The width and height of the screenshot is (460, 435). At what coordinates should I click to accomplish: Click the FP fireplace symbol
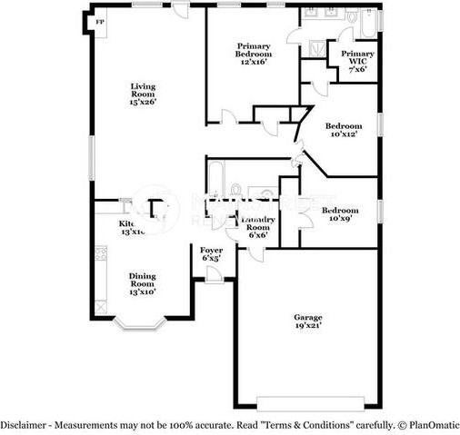click(100, 20)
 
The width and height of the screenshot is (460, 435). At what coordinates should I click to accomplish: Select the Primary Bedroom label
click(255, 51)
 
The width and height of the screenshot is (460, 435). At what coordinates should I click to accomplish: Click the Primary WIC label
click(356, 61)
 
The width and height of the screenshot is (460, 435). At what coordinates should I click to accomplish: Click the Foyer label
click(211, 253)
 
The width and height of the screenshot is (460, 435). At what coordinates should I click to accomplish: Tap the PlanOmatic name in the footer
click(434, 425)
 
